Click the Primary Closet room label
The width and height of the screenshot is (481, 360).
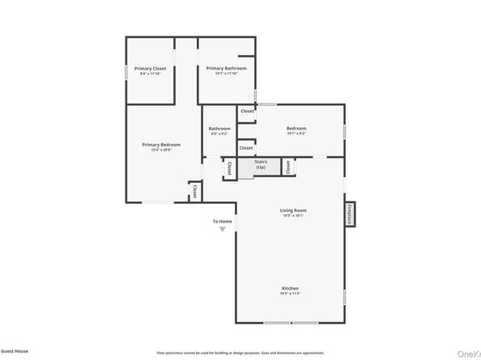coord(149,68)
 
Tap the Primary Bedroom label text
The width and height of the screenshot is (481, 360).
coord(161,144)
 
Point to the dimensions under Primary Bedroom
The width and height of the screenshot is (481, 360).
coord(161,150)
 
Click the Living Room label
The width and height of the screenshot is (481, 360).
coord(293,210)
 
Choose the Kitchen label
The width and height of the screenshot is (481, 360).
coord(291,289)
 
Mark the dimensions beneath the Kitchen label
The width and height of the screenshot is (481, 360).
coord(291,294)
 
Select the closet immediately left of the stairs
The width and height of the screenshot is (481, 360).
coord(229,168)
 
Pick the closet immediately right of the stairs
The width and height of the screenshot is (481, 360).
coord(287,167)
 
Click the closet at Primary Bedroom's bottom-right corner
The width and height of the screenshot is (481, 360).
coord(195,191)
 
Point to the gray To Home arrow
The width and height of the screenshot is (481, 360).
coord(223,231)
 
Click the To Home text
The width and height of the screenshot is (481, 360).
coord(223,221)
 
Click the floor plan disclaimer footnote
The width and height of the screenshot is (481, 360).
coord(240,353)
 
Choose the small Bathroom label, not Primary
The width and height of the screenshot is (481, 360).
coord(219,129)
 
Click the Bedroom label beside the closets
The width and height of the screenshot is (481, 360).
coord(296,129)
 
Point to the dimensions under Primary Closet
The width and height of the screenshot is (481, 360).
coord(149,74)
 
